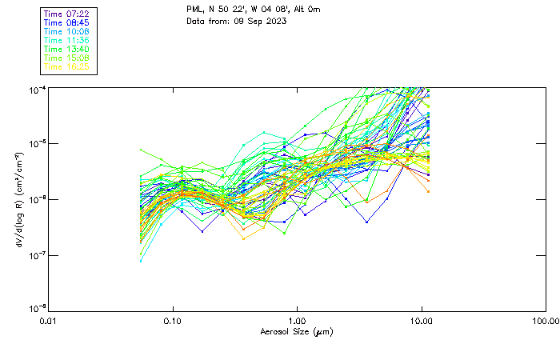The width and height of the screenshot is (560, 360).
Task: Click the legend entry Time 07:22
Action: [66, 14]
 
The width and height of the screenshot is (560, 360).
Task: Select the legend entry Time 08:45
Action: [66, 23]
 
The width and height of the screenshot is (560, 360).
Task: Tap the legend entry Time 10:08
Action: [66, 32]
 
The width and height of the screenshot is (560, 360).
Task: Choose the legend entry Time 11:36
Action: [66, 41]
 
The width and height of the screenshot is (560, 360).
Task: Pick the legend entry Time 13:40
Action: [66, 50]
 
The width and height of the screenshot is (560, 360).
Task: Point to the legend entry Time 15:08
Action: [66, 58]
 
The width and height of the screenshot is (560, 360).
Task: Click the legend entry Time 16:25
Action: [66, 67]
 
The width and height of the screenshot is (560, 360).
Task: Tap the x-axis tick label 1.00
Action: [297, 320]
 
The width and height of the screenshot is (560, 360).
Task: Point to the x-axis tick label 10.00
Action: [421, 320]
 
